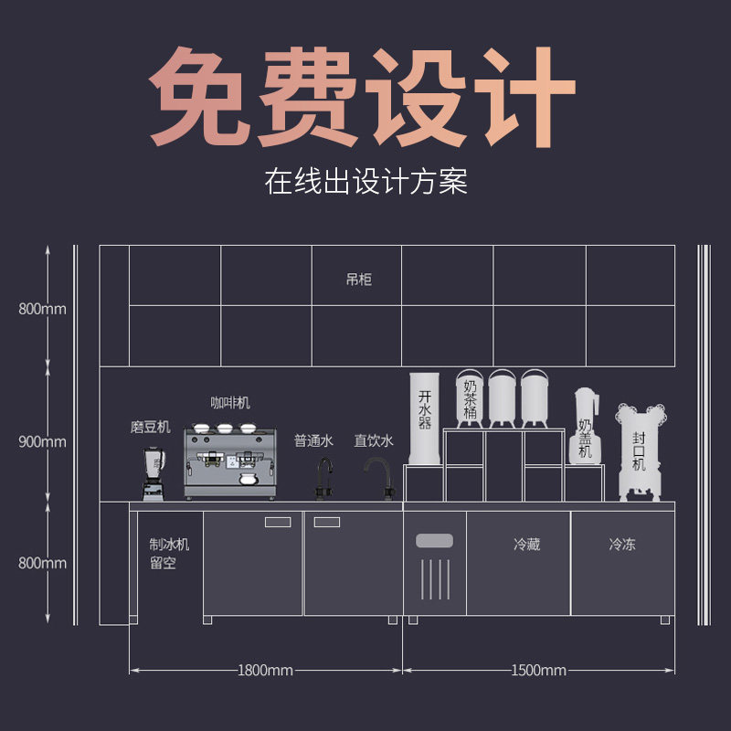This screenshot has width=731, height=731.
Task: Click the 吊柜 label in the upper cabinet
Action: tap(359, 279)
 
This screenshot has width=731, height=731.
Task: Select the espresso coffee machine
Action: tap(229, 462)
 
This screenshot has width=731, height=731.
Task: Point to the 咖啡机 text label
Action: tap(230, 403)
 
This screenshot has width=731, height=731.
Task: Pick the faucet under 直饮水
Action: tap(377, 478)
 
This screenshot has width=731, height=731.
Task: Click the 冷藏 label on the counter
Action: tap(526, 545)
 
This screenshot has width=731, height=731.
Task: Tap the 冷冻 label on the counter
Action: tap(622, 545)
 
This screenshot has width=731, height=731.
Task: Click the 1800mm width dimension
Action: tap(265, 671)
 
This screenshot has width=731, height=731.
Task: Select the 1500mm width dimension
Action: tap(539, 671)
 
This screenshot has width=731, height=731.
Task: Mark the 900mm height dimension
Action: tap(42, 441)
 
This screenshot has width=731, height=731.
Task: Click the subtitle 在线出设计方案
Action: tap(365, 180)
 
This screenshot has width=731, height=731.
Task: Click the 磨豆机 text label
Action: tap(150, 427)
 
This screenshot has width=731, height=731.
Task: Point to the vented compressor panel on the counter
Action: tap(435, 567)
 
